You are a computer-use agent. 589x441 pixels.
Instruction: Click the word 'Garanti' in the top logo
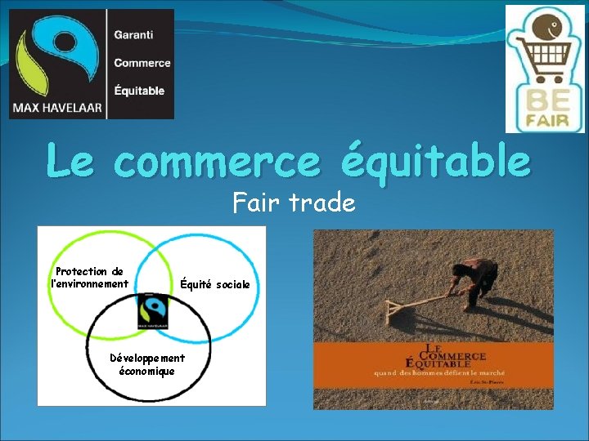click(133, 36)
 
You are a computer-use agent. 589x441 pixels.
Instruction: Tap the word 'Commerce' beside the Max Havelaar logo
click(142, 63)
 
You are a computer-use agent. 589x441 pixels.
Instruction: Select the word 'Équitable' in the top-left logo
click(139, 91)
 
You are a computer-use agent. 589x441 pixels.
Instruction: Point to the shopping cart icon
click(539, 56)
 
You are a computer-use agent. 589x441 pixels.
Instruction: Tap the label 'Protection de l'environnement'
click(89, 278)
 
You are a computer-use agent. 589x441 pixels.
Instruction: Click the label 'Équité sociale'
click(215, 284)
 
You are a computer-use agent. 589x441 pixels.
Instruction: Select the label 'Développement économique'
click(147, 364)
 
